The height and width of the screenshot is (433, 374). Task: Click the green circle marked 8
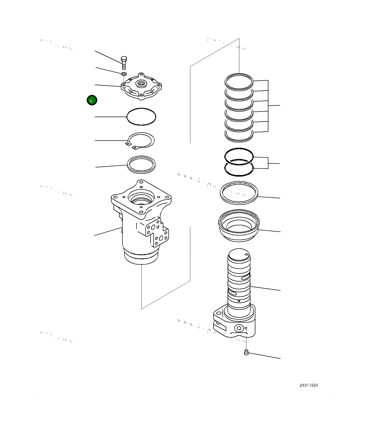point(92,100)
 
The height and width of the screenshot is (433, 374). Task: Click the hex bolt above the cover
point(124,63)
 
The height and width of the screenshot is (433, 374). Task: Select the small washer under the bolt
point(124,74)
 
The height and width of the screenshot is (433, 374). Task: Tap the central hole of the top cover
point(141,83)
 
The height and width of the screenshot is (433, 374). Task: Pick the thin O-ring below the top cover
point(141,117)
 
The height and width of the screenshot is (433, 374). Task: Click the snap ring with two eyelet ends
point(141,140)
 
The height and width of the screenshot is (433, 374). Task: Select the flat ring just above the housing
point(141,165)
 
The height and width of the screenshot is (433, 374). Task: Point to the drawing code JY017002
point(309,385)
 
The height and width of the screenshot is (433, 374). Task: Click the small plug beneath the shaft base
point(246,352)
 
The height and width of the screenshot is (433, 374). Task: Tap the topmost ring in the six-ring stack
point(239,82)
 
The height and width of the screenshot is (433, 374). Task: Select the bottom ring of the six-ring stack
point(239,136)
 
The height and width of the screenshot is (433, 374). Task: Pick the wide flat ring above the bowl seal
point(239,193)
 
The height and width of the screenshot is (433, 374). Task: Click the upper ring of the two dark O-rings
point(239,156)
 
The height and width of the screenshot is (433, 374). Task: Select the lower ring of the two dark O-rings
point(239,168)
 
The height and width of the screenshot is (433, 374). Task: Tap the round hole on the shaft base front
point(239,328)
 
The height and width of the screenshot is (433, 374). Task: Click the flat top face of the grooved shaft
point(239,255)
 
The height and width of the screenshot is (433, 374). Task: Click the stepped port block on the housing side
point(157,232)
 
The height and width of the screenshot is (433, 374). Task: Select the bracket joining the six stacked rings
point(268,106)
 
